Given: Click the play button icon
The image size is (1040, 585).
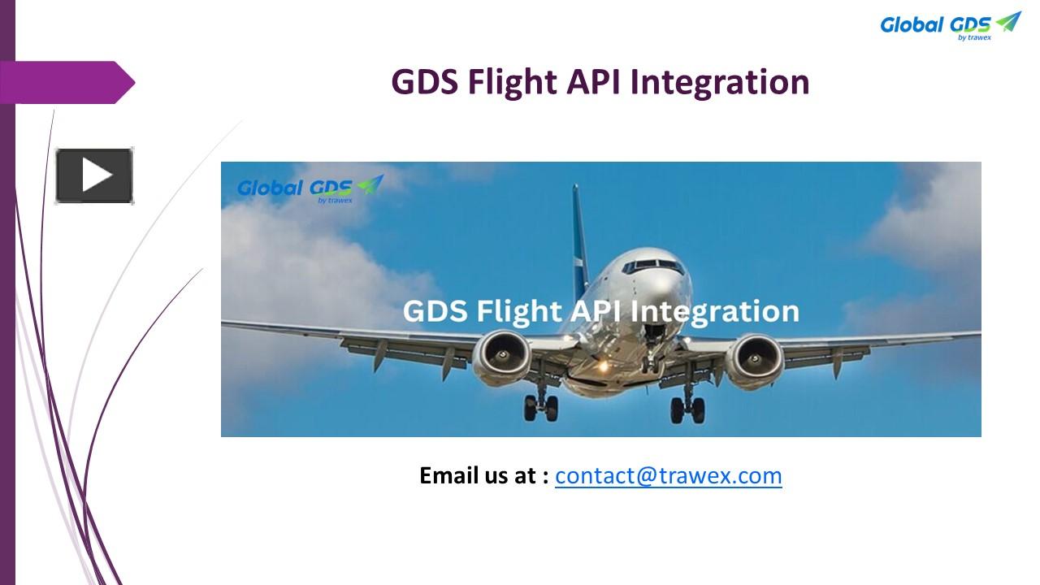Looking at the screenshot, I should (x=94, y=175).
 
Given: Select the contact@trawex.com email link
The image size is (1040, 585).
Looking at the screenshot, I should (x=668, y=475).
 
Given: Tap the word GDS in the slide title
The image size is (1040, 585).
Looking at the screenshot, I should (x=425, y=82).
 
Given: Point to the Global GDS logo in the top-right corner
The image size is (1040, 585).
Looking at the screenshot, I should (x=950, y=25).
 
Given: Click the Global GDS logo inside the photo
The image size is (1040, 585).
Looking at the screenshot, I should (x=310, y=189).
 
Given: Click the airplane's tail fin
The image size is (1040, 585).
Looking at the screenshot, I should (x=579, y=236).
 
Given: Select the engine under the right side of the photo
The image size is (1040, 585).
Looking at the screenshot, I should (x=755, y=360).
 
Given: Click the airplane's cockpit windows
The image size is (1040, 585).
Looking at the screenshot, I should (x=655, y=265).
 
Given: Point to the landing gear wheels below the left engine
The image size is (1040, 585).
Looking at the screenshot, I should (x=540, y=406).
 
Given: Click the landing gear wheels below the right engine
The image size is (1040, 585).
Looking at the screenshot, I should (x=687, y=409).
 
